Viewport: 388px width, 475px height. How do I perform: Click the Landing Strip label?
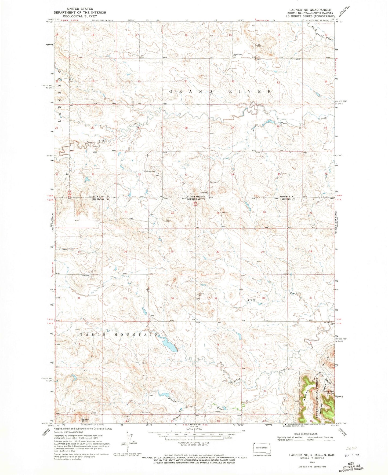(150, 172)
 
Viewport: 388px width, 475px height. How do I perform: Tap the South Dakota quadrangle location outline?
(262, 449)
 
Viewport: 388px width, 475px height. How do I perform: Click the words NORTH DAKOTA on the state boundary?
(196, 197)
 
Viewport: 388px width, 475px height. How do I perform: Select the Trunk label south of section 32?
(252, 300)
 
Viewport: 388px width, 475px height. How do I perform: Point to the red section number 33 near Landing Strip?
(186, 175)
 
